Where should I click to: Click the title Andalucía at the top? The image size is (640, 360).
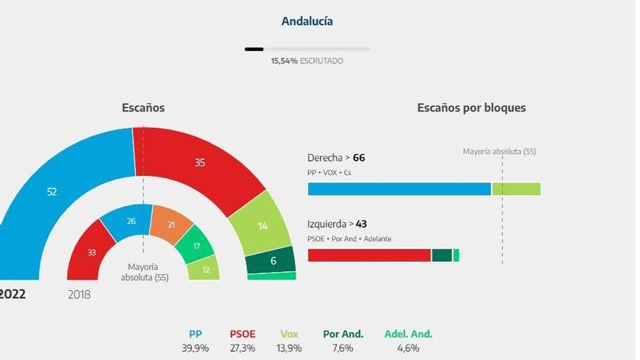click(307, 21)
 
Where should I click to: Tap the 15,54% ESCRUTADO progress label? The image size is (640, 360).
click(307, 61)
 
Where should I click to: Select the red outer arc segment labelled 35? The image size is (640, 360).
click(199, 163)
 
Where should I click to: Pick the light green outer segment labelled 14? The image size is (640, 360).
click(263, 225)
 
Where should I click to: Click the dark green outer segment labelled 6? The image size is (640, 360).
click(272, 260)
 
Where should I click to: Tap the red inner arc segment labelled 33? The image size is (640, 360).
click(92, 252)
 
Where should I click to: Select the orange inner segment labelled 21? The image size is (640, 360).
click(171, 225)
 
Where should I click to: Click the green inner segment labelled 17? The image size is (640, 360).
click(196, 247)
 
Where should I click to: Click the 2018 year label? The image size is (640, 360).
click(79, 295)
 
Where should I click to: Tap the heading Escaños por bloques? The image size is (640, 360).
click(471, 108)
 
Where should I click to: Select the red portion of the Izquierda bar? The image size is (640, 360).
click(369, 255)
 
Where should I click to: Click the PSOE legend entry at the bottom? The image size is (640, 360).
click(243, 334)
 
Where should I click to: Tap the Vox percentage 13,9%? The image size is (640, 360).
click(289, 348)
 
